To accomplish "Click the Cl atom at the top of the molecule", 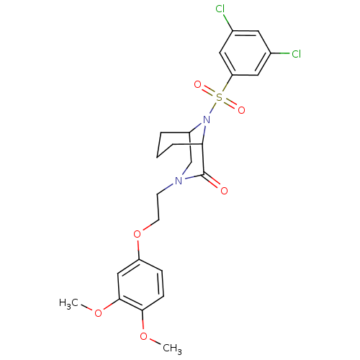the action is pyautogui.click(x=220, y=9).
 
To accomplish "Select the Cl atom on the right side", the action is pyautogui.click(x=296, y=54).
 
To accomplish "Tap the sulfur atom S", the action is pyautogui.click(x=219, y=97).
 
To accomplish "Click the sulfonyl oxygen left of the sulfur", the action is pyautogui.click(x=197, y=84).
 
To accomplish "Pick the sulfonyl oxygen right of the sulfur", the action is pyautogui.click(x=241, y=110).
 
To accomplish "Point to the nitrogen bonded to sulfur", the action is pyautogui.click(x=206, y=120).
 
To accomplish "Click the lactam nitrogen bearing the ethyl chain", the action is pyautogui.click(x=179, y=181).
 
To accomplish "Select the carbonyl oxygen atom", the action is pyautogui.click(x=224, y=191).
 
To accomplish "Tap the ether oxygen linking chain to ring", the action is pyautogui.click(x=137, y=233).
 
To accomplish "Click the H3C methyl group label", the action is pyautogui.click(x=68, y=303).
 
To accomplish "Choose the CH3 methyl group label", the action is pyautogui.click(x=172, y=348).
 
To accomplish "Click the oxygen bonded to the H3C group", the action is pyautogui.click(x=98, y=313).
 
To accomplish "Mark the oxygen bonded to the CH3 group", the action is pyautogui.click(x=144, y=336).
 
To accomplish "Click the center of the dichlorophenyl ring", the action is pyautogui.click(x=245, y=53).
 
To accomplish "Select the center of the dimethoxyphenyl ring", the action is pyautogui.click(x=140, y=285).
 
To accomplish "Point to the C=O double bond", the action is pyautogui.click(x=212, y=181).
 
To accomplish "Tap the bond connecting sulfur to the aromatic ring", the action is pyautogui.click(x=226, y=84).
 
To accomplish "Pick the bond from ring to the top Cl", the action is pyautogui.click(x=228, y=22).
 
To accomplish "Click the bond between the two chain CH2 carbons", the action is pyautogui.click(x=158, y=207).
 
